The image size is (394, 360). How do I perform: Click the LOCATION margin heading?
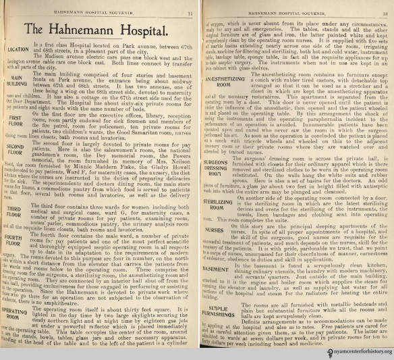pos(19,49)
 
